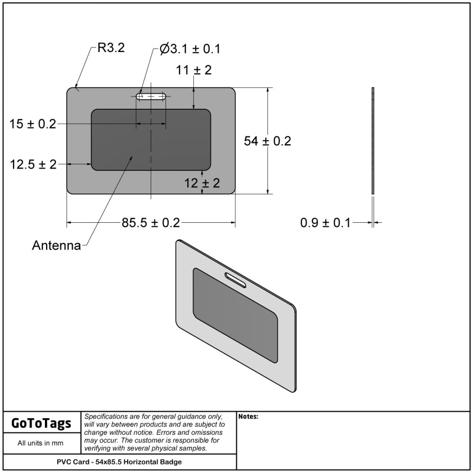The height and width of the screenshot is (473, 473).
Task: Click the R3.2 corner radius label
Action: pos(111,48)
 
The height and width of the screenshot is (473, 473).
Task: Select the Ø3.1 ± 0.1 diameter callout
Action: pos(190,49)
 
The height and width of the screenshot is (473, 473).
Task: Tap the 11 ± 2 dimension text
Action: pos(193,70)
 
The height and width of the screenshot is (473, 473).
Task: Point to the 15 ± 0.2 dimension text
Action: pos(33,124)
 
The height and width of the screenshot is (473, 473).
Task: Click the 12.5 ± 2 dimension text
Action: pos(33,165)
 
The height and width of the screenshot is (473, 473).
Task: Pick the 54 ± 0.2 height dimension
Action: pos(268,141)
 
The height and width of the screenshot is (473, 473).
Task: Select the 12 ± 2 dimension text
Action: pos(202,183)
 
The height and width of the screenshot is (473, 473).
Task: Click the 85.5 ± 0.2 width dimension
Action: pos(151,223)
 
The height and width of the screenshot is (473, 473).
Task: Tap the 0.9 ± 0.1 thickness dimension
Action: pos(325,223)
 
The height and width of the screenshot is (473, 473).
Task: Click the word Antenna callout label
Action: pos(56,245)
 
